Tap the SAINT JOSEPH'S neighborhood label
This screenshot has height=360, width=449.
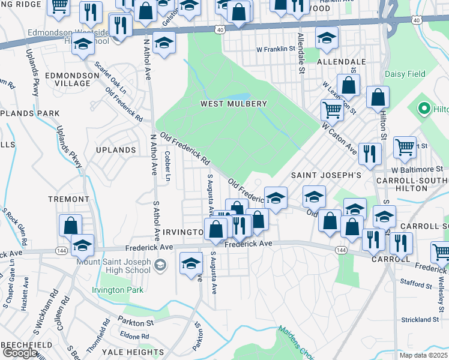point(326,175)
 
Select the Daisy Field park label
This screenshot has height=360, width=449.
point(404,74)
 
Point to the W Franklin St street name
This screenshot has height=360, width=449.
point(276,49)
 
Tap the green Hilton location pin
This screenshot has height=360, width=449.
point(425,109)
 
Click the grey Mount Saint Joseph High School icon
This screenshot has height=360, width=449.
point(160,265)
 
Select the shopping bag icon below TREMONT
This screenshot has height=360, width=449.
point(71,225)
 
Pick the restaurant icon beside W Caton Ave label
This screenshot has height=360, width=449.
point(370,154)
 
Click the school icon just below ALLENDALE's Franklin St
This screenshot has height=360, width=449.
point(327,38)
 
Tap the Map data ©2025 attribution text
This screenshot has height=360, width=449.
point(424,355)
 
